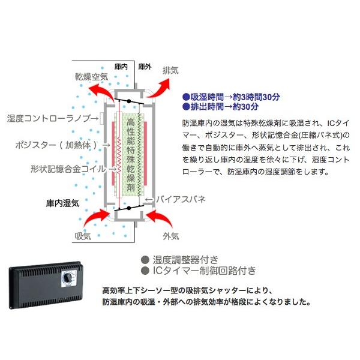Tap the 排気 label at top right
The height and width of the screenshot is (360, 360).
[x=171, y=70]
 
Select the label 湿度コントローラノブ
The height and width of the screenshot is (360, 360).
[x=52, y=118]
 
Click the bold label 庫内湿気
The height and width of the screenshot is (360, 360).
[x=63, y=203]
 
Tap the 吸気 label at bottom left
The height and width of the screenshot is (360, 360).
[x=83, y=236]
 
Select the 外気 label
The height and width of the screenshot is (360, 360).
[x=172, y=236]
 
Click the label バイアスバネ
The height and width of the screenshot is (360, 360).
[x=181, y=197]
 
